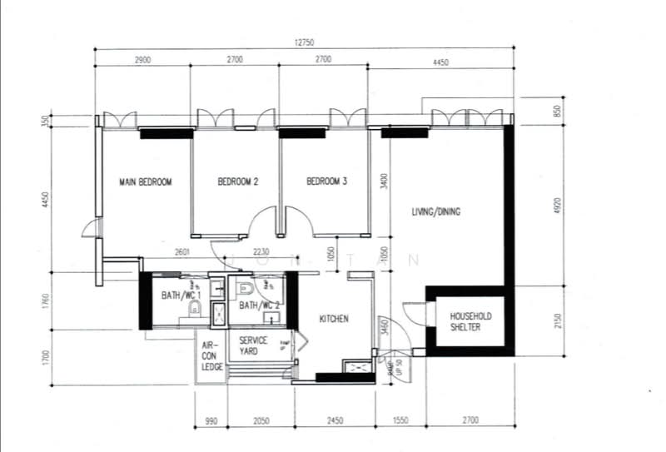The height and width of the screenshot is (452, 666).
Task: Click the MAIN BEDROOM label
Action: coord(145,182)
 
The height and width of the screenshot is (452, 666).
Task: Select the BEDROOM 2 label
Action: coord(238,182)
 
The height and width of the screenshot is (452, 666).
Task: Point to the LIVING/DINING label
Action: coord(435,212)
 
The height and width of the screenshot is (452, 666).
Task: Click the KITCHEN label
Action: coord(334,319)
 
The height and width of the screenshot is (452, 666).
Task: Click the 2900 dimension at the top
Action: coord(142,61)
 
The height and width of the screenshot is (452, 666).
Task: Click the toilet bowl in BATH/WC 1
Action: coord(196,310)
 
